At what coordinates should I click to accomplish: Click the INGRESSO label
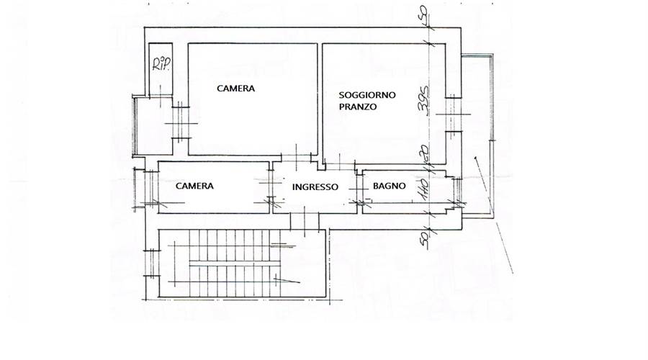pyautogui.click(x=315, y=186)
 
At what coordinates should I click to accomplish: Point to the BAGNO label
pyautogui.click(x=390, y=186)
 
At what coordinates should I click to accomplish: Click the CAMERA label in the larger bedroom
pyautogui.click(x=236, y=89)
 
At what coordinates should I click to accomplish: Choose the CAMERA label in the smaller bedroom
pyautogui.click(x=194, y=186)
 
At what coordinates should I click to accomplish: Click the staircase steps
pyautogui.click(x=223, y=263)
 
